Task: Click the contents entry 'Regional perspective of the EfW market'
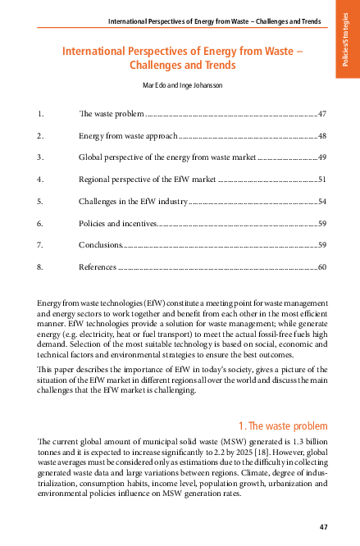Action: (147, 178)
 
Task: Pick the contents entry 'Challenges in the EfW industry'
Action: (133, 200)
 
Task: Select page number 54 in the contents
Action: (321, 200)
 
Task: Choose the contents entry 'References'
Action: (98, 266)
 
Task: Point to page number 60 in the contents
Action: (321, 266)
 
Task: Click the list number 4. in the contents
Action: (40, 178)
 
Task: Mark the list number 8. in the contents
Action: (40, 266)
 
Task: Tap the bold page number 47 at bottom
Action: (322, 526)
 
